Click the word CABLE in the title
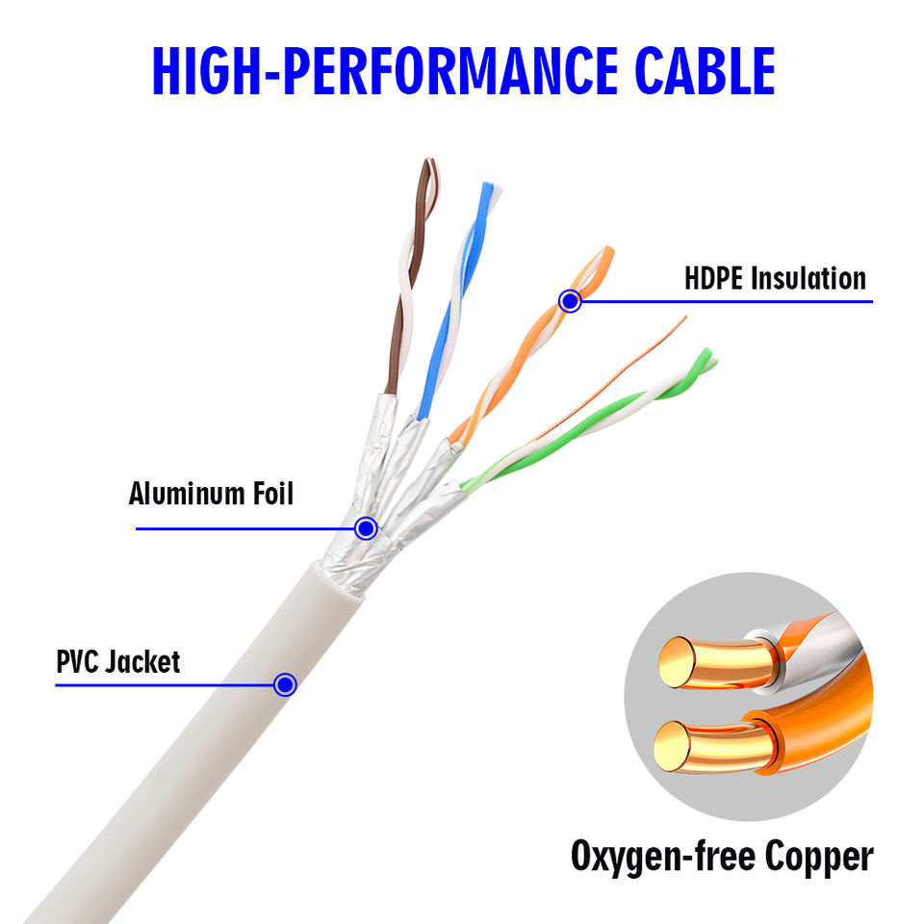pyautogui.click(x=705, y=70)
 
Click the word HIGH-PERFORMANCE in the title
pyautogui.click(x=385, y=70)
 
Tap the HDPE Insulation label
pyautogui.click(x=775, y=278)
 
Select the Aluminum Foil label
pyautogui.click(x=211, y=494)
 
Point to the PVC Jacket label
pyautogui.click(x=117, y=662)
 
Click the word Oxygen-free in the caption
pyautogui.click(x=663, y=857)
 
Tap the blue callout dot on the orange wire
pyautogui.click(x=570, y=301)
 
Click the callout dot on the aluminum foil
pyautogui.click(x=366, y=528)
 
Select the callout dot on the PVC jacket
pyautogui.click(x=285, y=684)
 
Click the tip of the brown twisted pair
pyautogui.click(x=430, y=161)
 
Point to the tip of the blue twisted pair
pyautogui.click(x=490, y=186)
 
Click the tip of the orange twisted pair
pyautogui.click(x=608, y=250)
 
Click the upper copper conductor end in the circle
pyautogui.click(x=678, y=662)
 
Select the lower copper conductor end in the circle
pyautogui.click(x=673, y=747)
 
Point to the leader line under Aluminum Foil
pyautogui.click(x=245, y=528)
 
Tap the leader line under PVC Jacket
pyautogui.click(x=165, y=684)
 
